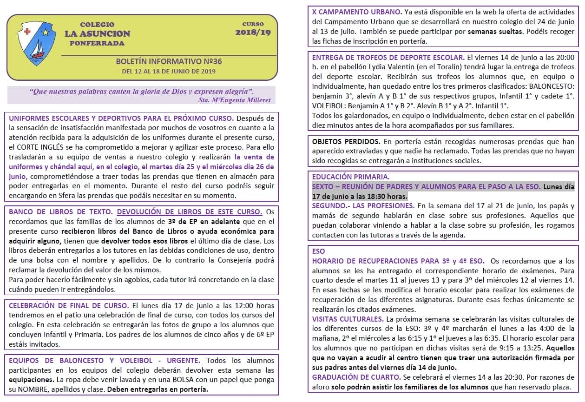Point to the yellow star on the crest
pyautogui.click(x=46, y=32)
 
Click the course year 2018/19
pyautogui.click(x=253, y=33)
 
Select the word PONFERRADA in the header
pyautogui.click(x=97, y=43)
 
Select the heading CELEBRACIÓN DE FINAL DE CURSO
pyautogui.click(x=69, y=306)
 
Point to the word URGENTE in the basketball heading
pyautogui.click(x=181, y=360)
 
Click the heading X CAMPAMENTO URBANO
pyautogui.click(x=357, y=11)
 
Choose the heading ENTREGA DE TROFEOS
pyautogui.click(x=388, y=58)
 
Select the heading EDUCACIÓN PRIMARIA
pyautogui.click(x=351, y=177)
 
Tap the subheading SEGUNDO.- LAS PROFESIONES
pyautogui.click(x=363, y=205)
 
